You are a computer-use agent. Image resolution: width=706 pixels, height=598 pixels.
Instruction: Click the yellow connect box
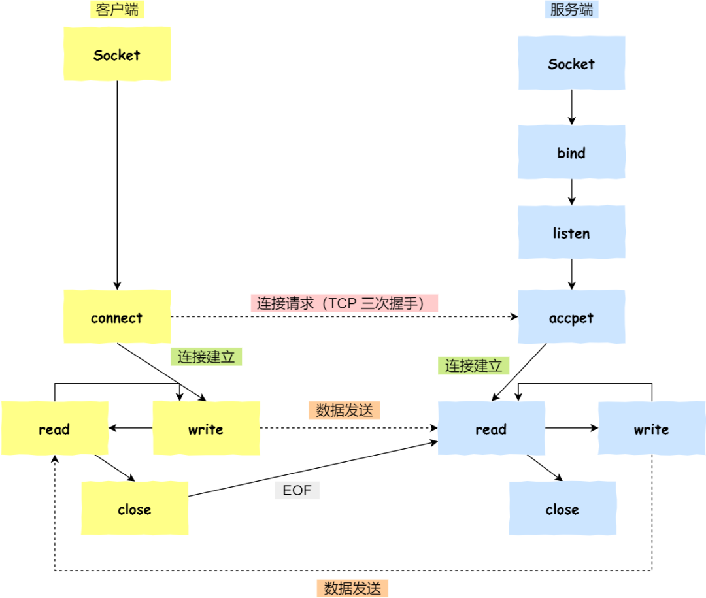pyautogui.click(x=117, y=317)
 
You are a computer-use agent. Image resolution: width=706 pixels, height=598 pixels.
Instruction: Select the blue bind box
pyautogui.click(x=571, y=152)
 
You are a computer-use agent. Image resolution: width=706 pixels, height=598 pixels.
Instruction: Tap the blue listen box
pyautogui.click(x=571, y=233)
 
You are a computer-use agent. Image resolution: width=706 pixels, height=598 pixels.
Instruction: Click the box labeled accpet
pyautogui.click(x=571, y=317)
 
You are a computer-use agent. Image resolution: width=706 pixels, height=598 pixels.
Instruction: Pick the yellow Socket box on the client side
pyautogui.click(x=117, y=54)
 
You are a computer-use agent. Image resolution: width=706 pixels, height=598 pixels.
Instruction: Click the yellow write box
pyautogui.click(x=206, y=428)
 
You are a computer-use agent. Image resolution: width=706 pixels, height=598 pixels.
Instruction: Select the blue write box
pyautogui.click(x=651, y=428)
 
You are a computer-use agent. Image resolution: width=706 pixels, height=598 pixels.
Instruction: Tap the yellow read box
pyautogui.click(x=54, y=428)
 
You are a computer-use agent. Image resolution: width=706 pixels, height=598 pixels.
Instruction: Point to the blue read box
pyautogui.click(x=491, y=428)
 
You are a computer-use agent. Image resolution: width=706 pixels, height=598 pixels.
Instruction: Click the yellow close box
pyautogui.click(x=134, y=508)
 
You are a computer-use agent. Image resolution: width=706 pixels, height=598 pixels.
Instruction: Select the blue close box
pyautogui.click(x=562, y=508)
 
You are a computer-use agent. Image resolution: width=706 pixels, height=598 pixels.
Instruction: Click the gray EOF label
pyautogui.click(x=297, y=490)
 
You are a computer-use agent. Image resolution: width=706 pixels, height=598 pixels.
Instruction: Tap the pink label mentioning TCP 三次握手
pyautogui.click(x=344, y=303)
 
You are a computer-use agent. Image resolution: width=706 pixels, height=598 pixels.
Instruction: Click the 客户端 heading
pyautogui.click(x=117, y=10)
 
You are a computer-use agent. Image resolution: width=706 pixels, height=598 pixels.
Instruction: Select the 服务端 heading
pyautogui.click(x=571, y=10)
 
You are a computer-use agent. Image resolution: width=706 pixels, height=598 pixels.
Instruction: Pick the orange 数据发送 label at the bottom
pyautogui.click(x=352, y=588)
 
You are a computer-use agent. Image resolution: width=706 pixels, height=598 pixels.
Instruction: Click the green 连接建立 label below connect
pyautogui.click(x=206, y=357)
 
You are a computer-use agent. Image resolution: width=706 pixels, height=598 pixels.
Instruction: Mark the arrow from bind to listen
pyautogui.click(x=571, y=192)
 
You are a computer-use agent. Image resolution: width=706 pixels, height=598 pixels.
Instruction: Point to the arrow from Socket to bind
pyautogui.click(x=571, y=107)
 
